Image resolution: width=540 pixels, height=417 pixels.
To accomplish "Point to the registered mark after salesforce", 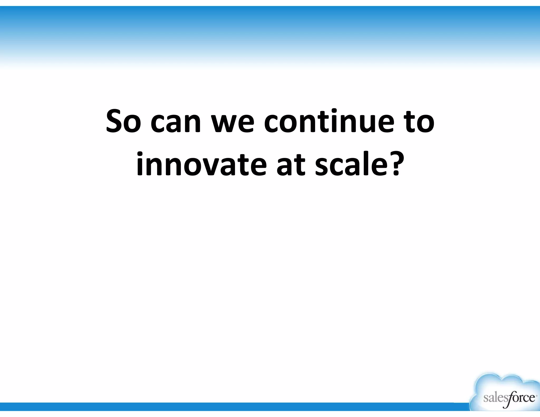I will point(536,395).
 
